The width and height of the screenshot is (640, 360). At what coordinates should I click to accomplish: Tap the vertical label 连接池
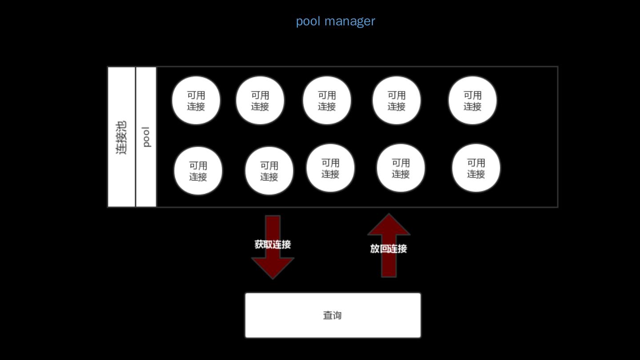click(121, 137)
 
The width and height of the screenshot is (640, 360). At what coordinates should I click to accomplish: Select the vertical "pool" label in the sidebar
click(146, 137)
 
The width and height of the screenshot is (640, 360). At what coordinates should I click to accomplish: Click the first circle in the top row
click(196, 100)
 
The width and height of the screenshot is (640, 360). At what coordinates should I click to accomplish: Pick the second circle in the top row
click(260, 100)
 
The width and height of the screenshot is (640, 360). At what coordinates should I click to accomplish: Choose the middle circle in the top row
click(327, 100)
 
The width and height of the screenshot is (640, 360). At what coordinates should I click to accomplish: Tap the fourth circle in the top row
click(396, 100)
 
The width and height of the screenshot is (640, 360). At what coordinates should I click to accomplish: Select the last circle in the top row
click(472, 100)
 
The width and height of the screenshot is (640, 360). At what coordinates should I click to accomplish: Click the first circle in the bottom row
click(198, 171)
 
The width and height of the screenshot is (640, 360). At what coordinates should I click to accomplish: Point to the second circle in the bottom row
click(269, 171)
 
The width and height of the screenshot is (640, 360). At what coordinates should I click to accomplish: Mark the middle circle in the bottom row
click(330, 168)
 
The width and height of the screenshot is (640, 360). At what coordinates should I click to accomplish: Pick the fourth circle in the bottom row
click(400, 168)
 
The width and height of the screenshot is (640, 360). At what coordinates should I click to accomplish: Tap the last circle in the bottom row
click(476, 168)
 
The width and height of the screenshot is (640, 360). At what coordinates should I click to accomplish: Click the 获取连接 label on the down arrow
click(272, 244)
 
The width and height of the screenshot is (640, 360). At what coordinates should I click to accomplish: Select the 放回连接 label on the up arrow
click(388, 249)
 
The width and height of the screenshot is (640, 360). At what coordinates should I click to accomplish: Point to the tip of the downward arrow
click(272, 278)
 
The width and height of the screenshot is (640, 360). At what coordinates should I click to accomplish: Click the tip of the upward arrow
click(389, 215)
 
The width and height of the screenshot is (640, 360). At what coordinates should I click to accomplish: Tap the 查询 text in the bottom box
click(332, 316)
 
